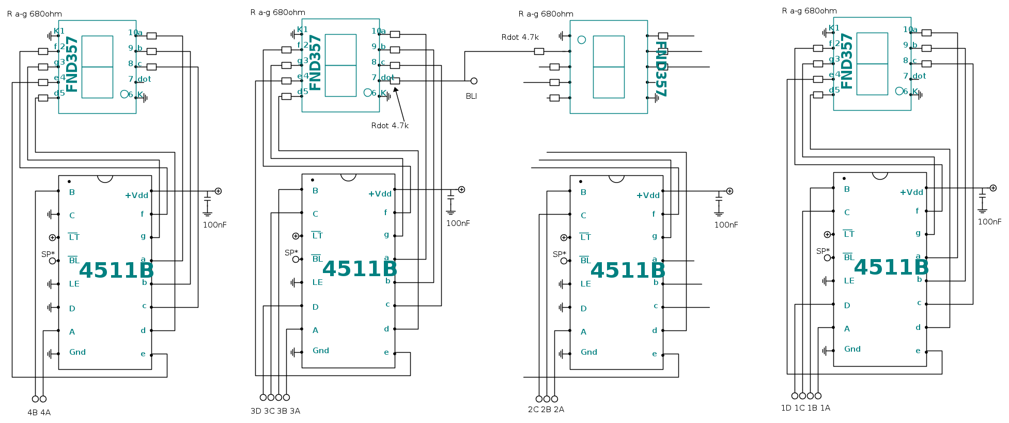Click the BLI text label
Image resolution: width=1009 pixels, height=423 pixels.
(x=471, y=96)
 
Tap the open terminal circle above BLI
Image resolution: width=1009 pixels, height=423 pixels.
(x=474, y=81)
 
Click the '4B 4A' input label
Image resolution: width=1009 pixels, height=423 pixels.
(x=39, y=412)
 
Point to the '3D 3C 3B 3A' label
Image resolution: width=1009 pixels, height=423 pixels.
(x=275, y=411)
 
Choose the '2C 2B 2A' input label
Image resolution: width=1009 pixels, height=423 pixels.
(x=546, y=409)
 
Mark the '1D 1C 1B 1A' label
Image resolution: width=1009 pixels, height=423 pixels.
(x=805, y=407)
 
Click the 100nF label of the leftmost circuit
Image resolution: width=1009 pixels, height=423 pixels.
(x=214, y=224)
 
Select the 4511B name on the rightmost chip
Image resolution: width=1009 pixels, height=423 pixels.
(x=891, y=267)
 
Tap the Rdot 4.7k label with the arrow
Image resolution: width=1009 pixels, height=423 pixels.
(x=390, y=126)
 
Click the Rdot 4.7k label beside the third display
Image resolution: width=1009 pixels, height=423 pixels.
(x=520, y=37)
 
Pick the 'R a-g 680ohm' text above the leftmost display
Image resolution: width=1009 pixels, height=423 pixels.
(x=35, y=14)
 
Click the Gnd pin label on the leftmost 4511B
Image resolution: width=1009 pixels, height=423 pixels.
(x=77, y=352)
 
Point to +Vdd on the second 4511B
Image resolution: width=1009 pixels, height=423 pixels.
(x=380, y=194)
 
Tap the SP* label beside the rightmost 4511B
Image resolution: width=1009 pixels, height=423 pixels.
(x=822, y=251)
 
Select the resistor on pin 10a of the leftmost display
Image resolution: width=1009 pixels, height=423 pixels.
(x=151, y=36)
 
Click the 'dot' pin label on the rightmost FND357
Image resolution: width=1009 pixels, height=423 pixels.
(x=919, y=76)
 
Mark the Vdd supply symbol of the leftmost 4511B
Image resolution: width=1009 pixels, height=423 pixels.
(x=218, y=191)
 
